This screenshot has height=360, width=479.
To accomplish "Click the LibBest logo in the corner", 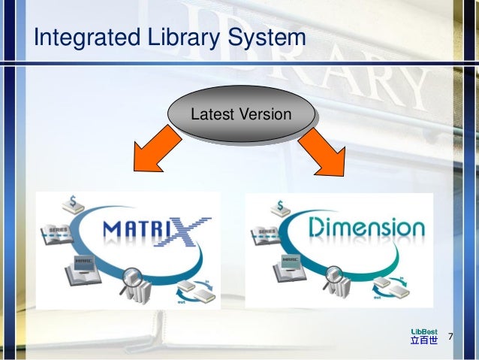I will pos(423,335).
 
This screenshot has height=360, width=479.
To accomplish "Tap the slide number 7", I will pos(451,335).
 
